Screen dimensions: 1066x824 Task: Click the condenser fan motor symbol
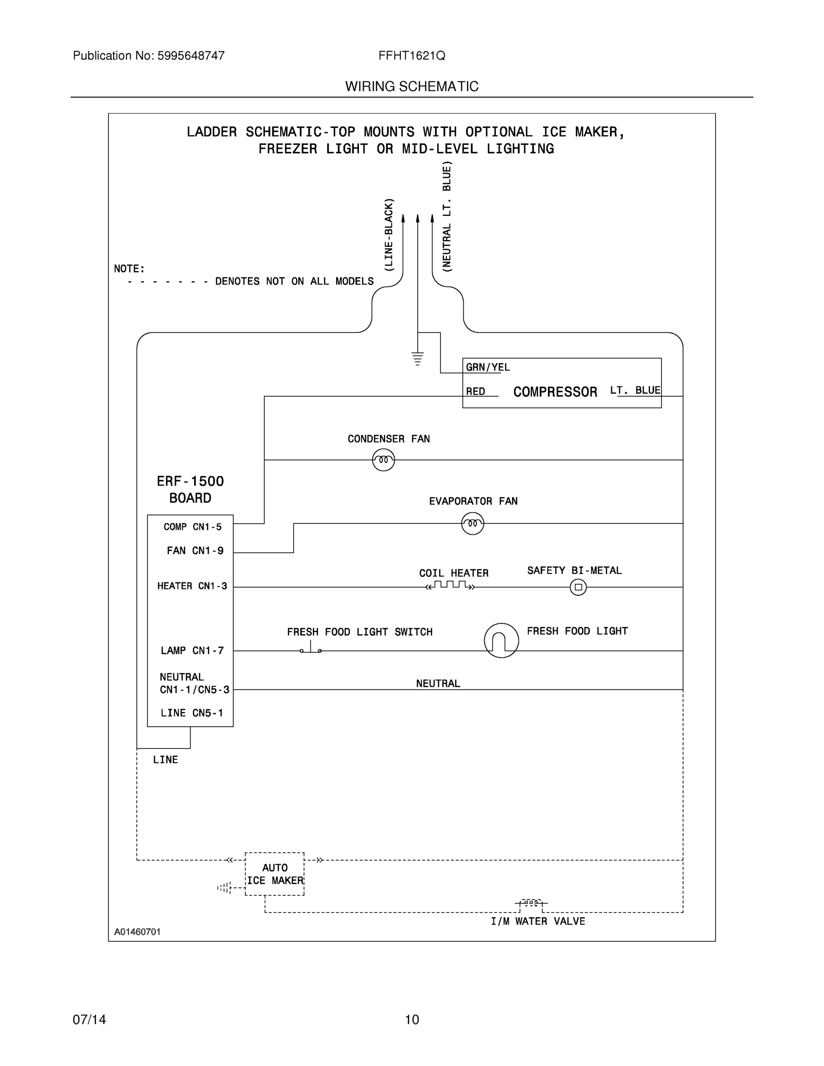(x=383, y=460)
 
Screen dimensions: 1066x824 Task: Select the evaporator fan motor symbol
(x=472, y=524)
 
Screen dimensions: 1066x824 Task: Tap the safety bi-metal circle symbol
(x=578, y=587)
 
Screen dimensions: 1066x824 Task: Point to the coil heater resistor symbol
(x=450, y=585)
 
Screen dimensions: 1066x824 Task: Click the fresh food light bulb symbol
(x=502, y=640)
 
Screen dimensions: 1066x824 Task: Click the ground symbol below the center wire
(x=418, y=358)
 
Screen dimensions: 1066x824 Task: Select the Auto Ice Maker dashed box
(x=275, y=874)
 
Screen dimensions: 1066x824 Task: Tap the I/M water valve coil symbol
(x=531, y=903)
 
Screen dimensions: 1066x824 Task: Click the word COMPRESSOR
(x=555, y=392)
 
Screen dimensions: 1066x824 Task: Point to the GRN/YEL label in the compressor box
(x=487, y=367)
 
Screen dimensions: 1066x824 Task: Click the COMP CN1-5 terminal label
(x=192, y=527)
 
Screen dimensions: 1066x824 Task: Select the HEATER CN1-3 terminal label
(x=192, y=586)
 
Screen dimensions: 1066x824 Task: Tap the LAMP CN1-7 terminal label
(x=192, y=651)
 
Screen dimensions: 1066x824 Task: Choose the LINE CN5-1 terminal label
(x=191, y=713)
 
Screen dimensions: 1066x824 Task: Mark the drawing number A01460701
(x=137, y=932)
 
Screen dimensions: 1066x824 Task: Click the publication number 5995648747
(x=191, y=56)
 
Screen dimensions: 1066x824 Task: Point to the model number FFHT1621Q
(x=411, y=56)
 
